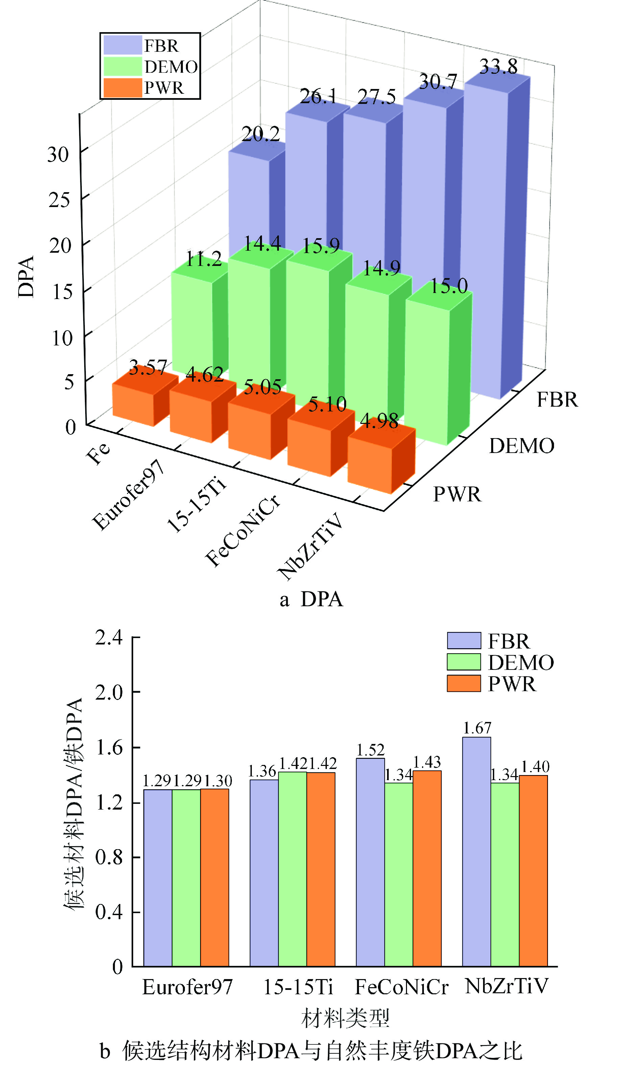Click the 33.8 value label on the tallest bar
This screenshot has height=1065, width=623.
[x=498, y=67]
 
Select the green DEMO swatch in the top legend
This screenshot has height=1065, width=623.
[x=122, y=67]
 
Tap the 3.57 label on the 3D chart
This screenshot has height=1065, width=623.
[x=148, y=368]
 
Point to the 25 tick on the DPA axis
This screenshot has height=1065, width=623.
[x=59, y=200]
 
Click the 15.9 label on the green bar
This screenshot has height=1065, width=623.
[x=321, y=246]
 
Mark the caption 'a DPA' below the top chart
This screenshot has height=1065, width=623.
[x=311, y=599]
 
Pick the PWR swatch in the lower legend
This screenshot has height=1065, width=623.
[x=464, y=683]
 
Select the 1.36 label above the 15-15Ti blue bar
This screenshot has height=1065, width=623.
[x=262, y=771]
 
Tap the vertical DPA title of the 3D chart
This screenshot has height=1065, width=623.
[x=26, y=277]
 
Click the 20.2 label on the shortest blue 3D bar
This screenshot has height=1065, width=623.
[x=261, y=134]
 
